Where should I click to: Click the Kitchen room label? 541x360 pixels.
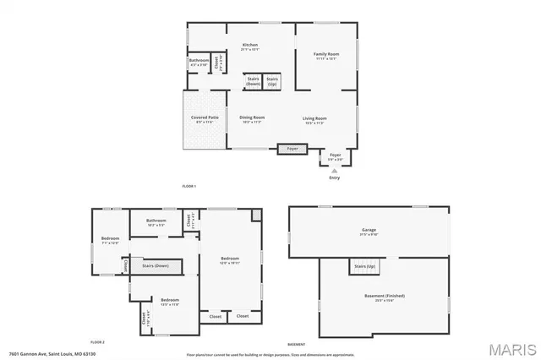[x=250, y=46]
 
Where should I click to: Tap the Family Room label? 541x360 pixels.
[x=325, y=56]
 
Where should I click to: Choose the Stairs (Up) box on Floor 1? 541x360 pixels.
[x=272, y=82]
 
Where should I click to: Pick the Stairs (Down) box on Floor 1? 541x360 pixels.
[x=253, y=82]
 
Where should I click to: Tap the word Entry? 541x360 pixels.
[x=335, y=178]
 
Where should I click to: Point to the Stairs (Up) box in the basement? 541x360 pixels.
[x=364, y=266]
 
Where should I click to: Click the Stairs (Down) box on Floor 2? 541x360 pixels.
[x=156, y=265]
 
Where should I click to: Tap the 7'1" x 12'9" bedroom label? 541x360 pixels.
[x=111, y=240]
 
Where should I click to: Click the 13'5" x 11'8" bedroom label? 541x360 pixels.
[x=170, y=302]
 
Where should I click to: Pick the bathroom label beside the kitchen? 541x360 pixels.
[x=199, y=62]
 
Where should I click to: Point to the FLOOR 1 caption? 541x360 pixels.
[x=189, y=185]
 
